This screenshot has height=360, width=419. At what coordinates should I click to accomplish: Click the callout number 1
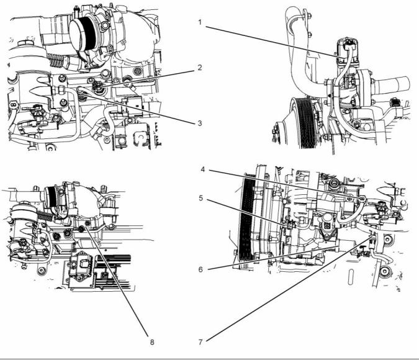(x=200, y=22)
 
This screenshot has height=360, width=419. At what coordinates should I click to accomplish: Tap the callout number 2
(x=200, y=68)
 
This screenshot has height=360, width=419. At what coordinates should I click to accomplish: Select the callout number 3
(x=200, y=124)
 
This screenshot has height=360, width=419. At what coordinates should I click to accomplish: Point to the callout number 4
(x=203, y=169)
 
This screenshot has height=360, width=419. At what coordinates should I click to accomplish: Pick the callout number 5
(x=201, y=198)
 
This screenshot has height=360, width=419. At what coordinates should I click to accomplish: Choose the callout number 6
(x=200, y=269)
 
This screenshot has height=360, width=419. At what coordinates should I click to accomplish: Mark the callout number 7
(x=200, y=342)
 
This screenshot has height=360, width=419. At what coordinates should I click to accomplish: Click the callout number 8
(x=152, y=342)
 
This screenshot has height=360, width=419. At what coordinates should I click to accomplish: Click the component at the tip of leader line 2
(x=96, y=87)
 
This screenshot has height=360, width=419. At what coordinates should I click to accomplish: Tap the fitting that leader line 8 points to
(x=82, y=228)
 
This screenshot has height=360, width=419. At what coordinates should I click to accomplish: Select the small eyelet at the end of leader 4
(x=362, y=198)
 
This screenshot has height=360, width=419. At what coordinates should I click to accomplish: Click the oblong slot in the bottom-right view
(x=351, y=277)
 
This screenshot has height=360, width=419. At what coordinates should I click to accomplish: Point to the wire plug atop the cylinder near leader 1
(x=348, y=45)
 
